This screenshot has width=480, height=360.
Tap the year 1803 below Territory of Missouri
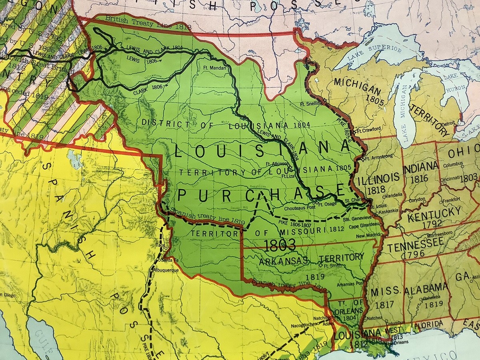pyautogui.click(x=280, y=244)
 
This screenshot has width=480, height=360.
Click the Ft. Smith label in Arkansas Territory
pyautogui.click(x=332, y=266)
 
